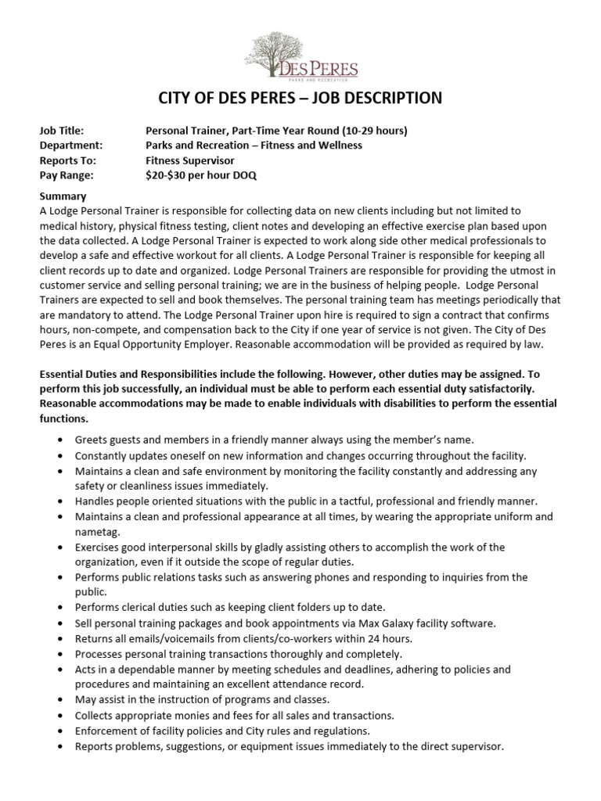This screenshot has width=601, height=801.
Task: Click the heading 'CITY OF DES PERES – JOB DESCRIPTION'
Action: click(300, 98)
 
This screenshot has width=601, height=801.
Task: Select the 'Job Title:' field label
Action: click(62, 131)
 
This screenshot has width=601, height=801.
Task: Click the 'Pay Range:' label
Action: click(66, 175)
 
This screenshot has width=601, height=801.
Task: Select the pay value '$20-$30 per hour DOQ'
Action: click(201, 175)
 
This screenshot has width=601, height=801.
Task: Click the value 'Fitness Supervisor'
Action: click(191, 160)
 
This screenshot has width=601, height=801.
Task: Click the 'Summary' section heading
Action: click(63, 196)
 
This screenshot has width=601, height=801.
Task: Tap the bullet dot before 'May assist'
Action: click(61, 699)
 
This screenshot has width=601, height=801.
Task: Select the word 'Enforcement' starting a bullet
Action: click(106, 731)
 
